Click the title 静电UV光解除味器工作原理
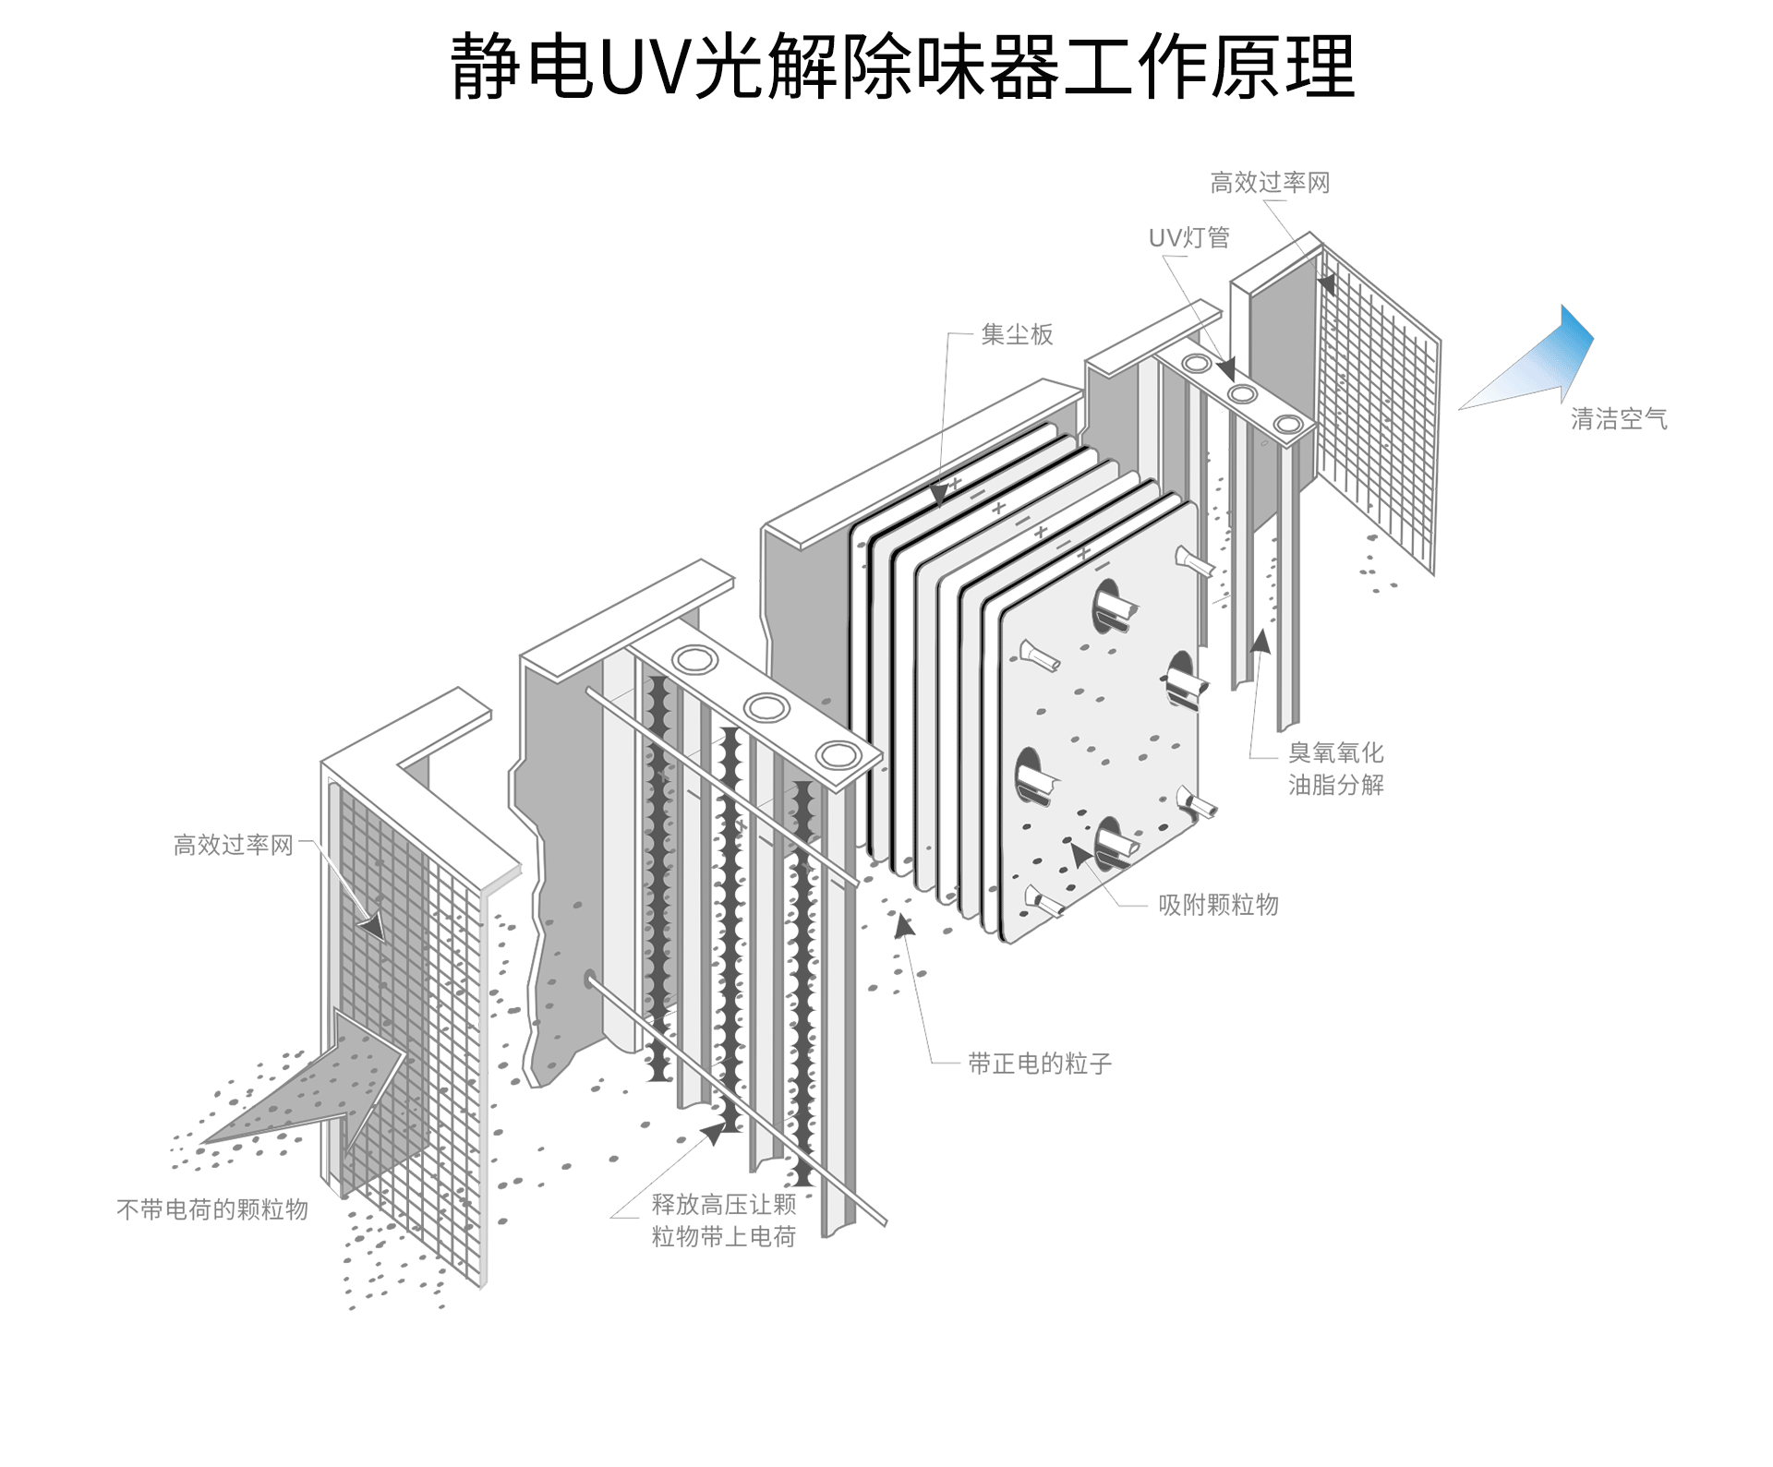(x=902, y=66)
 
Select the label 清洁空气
(x=1619, y=419)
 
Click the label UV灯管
(x=1188, y=238)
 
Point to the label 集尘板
(x=1017, y=334)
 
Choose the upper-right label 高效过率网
(x=1270, y=184)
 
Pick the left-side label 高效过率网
(x=233, y=845)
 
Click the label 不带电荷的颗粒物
(x=212, y=1209)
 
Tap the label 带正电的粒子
(x=1039, y=1064)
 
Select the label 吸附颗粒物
(x=1218, y=905)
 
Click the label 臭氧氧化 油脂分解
(x=1335, y=768)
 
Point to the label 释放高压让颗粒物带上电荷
(x=723, y=1220)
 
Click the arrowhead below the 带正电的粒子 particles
(x=904, y=924)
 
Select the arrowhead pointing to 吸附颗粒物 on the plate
(x=1079, y=856)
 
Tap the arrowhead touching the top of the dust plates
(x=939, y=495)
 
